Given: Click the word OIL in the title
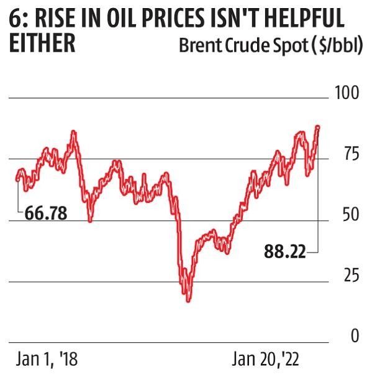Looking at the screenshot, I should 134,19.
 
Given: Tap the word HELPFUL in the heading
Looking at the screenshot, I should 305,19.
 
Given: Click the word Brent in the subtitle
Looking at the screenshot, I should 198,45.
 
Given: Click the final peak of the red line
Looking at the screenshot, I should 318,127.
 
